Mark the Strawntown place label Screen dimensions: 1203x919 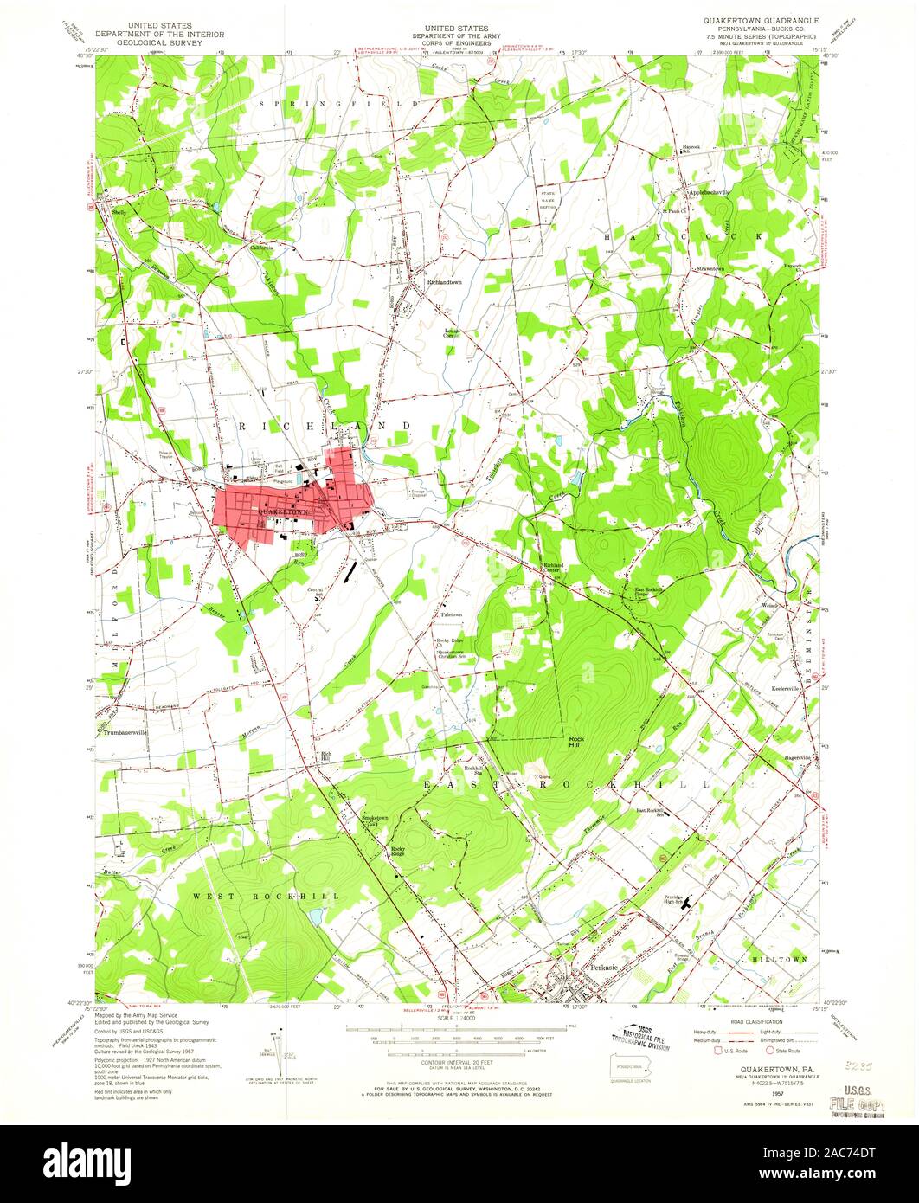(711, 268)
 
